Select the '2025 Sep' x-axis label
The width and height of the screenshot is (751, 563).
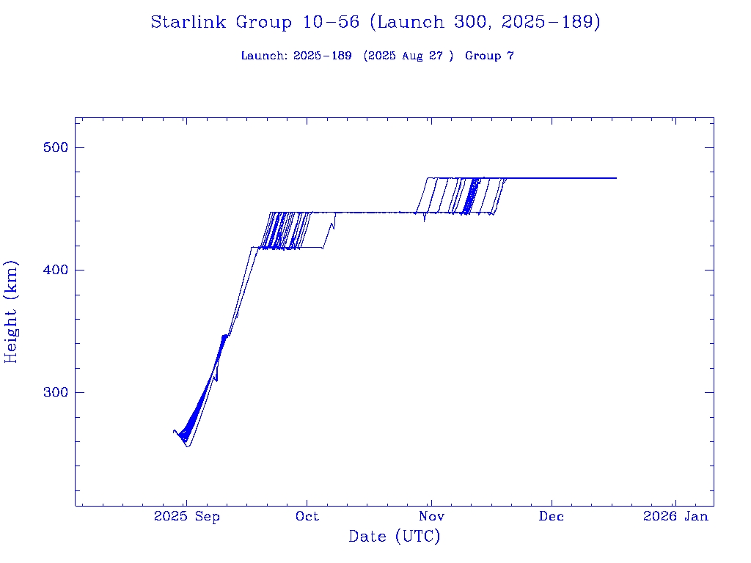coord(186,517)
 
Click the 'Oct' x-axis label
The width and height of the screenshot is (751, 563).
coord(307,517)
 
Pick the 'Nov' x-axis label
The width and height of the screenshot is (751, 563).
coord(431,517)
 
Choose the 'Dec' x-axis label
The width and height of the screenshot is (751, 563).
coord(552,517)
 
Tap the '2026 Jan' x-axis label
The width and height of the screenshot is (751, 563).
coord(675,517)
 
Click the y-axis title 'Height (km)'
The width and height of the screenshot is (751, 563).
coord(11,311)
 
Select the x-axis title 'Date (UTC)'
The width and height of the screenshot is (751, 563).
coord(394,537)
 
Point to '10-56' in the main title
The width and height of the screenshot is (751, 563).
coord(330,23)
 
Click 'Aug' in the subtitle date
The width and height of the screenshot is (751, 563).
coord(413,56)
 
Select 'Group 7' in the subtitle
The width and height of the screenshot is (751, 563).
coord(489,56)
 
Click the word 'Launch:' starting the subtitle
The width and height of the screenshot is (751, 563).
coord(264,56)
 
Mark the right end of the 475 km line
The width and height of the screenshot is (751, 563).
coord(616,178)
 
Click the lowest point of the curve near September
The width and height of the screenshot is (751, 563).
coord(188,446)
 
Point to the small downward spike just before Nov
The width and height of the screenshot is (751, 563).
coord(425,220)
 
